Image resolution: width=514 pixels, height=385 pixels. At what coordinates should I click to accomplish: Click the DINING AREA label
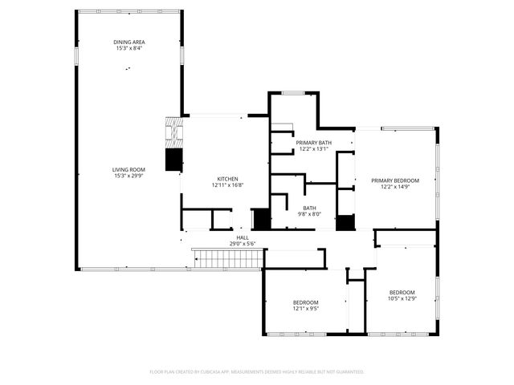click(128, 43)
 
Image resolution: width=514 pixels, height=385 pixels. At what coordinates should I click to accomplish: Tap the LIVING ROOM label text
click(128, 169)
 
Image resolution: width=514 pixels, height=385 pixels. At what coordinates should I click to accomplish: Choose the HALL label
click(242, 237)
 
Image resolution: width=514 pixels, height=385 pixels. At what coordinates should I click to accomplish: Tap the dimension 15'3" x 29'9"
click(128, 175)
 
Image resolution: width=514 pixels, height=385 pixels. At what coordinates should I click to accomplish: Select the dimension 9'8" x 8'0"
click(309, 214)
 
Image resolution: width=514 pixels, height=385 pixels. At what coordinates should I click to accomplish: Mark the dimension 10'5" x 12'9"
click(402, 298)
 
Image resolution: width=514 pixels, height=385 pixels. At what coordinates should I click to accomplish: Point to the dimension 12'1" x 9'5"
click(305, 307)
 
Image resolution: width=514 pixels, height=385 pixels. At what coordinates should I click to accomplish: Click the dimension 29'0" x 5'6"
click(242, 243)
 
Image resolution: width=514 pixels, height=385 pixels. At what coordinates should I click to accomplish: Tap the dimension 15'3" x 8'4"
click(128, 48)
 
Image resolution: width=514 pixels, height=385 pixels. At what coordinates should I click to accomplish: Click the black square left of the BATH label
click(261, 220)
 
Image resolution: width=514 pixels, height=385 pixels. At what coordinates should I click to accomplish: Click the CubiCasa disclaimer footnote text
click(257, 372)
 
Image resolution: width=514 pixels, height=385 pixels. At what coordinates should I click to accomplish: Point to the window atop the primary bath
click(293, 93)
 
